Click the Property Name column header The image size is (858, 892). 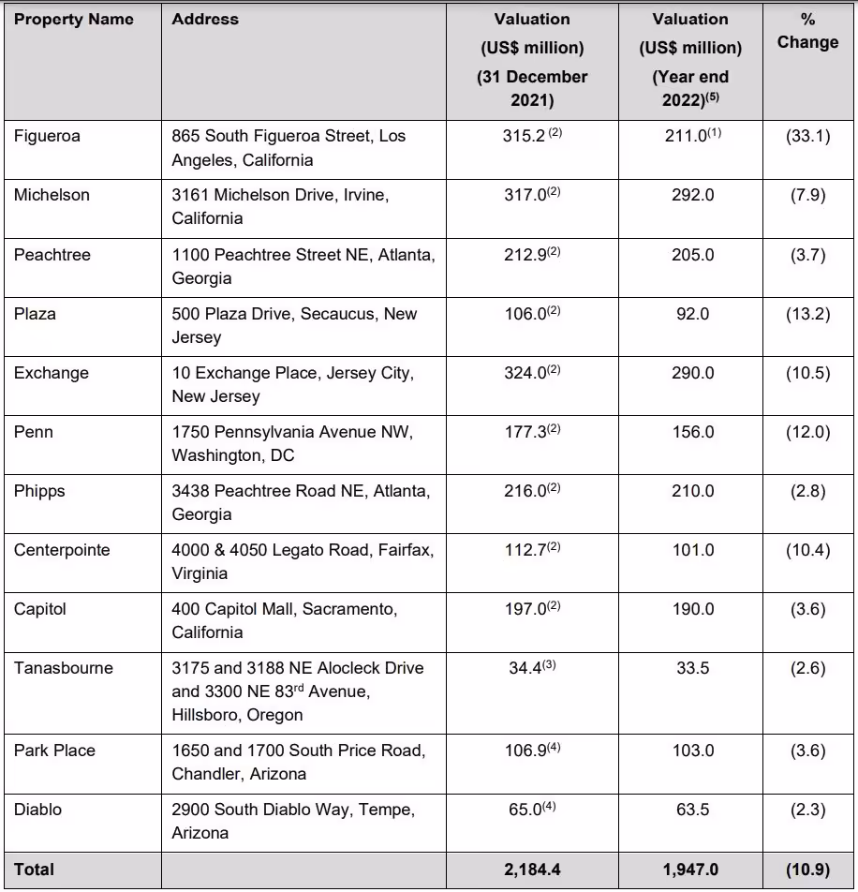74,19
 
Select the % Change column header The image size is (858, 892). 807,31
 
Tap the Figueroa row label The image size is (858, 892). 47,136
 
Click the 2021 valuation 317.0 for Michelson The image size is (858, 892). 525,195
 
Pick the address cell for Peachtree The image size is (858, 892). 303,266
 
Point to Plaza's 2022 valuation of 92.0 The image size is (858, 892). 692,314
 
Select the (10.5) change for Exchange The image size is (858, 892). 807,373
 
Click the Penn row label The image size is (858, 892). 34,432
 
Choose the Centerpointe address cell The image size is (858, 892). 303,561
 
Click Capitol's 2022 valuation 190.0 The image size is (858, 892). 692,609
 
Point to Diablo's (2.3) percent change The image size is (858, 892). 807,810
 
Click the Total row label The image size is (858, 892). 35,870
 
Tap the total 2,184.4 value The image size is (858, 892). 532,870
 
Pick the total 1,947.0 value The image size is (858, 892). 692,870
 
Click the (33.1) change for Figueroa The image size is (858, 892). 807,136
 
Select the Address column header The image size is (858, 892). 205,19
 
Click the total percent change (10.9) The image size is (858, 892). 807,870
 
